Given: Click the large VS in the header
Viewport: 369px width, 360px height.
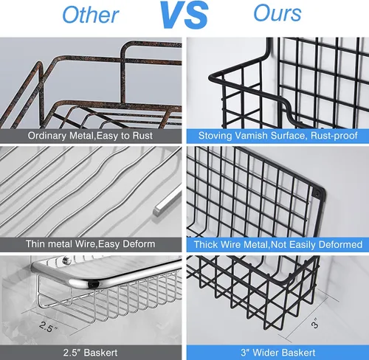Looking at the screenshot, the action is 184,15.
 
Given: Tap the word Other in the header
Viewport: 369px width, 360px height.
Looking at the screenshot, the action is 91,15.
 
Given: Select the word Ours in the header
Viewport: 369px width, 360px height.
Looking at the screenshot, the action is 277,13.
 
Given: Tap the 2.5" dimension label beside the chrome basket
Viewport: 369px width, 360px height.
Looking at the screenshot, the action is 49,326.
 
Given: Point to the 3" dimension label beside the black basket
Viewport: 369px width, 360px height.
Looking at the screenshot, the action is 315,323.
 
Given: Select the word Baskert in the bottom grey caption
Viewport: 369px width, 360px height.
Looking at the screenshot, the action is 100,353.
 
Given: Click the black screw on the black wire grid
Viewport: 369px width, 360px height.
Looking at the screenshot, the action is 317,193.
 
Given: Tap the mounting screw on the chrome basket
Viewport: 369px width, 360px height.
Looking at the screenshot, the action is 65,260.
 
